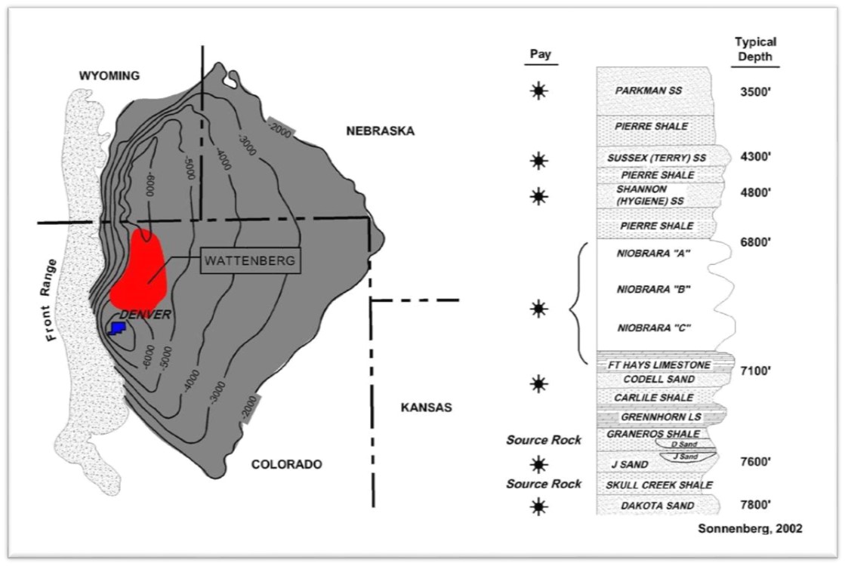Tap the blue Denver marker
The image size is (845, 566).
click(x=116, y=328)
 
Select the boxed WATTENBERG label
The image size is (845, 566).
click(x=250, y=261)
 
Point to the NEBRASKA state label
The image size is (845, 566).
click(x=381, y=131)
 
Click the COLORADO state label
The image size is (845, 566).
click(x=287, y=464)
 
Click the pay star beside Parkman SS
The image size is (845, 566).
click(x=538, y=91)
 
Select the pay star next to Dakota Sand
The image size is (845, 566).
click(x=538, y=506)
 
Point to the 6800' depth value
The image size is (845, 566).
click(x=754, y=242)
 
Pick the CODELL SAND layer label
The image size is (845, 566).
click(x=655, y=379)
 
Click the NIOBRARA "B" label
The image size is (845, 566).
click(x=655, y=289)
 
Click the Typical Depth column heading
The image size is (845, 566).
click(x=755, y=50)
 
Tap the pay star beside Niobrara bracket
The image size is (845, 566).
click(x=538, y=308)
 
